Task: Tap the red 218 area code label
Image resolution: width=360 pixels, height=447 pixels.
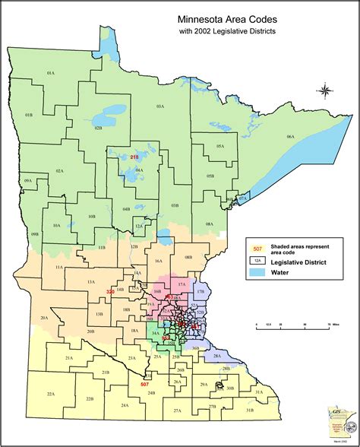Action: [x=134, y=157]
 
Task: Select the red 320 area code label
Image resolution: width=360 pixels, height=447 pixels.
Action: [x=110, y=292]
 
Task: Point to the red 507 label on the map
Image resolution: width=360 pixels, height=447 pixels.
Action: [x=144, y=385]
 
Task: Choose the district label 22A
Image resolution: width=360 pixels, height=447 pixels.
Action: [x=51, y=394]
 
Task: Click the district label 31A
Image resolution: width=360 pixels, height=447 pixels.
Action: [x=258, y=392]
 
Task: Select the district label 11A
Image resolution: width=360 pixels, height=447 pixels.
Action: [x=58, y=268]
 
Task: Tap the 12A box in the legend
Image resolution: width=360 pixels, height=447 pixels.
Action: [x=257, y=260]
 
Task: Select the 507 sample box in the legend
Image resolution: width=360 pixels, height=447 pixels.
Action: [x=257, y=248]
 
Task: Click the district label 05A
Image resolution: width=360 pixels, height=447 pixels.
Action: [x=219, y=146]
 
